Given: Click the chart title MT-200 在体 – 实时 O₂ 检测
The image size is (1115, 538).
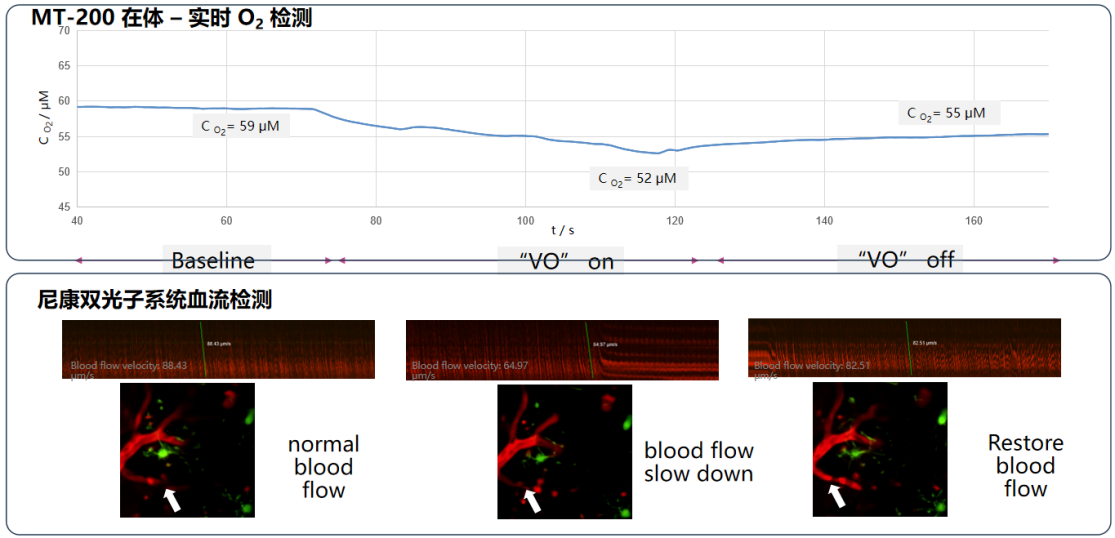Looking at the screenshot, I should point(172,17).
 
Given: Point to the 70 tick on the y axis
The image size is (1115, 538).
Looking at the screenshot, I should point(64,31).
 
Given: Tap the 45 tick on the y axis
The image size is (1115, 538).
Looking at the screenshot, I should point(64,207).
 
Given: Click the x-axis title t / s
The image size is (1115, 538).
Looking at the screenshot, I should point(563,230).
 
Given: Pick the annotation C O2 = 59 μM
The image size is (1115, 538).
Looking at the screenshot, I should point(241,126).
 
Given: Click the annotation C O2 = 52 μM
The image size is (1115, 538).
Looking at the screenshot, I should point(637,179).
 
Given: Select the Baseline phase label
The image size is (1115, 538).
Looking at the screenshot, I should point(213,261).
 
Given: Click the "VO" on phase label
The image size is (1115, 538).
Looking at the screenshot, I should point(560,261).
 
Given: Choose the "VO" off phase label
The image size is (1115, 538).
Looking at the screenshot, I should point(906,260).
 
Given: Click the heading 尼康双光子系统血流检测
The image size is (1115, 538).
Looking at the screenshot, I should point(154,299).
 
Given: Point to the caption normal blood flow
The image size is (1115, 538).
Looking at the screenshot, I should point(323,467).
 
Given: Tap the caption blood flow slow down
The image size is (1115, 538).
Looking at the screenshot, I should point(698,462).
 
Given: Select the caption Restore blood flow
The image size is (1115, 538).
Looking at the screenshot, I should point(1025,466).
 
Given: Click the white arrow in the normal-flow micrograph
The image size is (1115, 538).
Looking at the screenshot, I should point(173,498).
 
